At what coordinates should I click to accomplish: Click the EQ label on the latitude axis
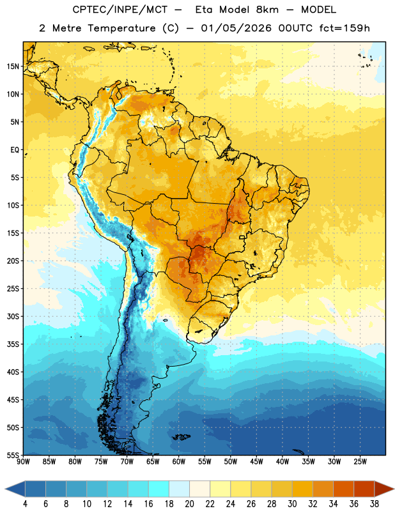[15, 150]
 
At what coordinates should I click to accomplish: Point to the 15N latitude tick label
[13, 66]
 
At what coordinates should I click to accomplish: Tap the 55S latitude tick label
[13, 455]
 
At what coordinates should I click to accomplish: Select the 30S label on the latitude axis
[13, 316]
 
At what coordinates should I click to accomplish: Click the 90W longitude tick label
[23, 462]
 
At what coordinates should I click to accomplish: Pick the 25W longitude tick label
[360, 462]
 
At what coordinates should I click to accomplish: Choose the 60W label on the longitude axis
[179, 462]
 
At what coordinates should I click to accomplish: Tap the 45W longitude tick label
[256, 462]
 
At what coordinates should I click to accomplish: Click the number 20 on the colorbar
[189, 504]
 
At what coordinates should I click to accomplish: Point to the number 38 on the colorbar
[375, 504]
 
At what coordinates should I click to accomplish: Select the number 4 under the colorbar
[25, 504]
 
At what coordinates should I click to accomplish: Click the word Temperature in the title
[121, 28]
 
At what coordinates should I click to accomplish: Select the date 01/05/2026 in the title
[236, 28]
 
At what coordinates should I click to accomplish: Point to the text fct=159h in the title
[345, 28]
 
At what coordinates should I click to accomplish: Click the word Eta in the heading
[204, 10]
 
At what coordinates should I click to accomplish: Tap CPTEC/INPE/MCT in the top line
[120, 10]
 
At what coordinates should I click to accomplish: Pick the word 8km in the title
[267, 10]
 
